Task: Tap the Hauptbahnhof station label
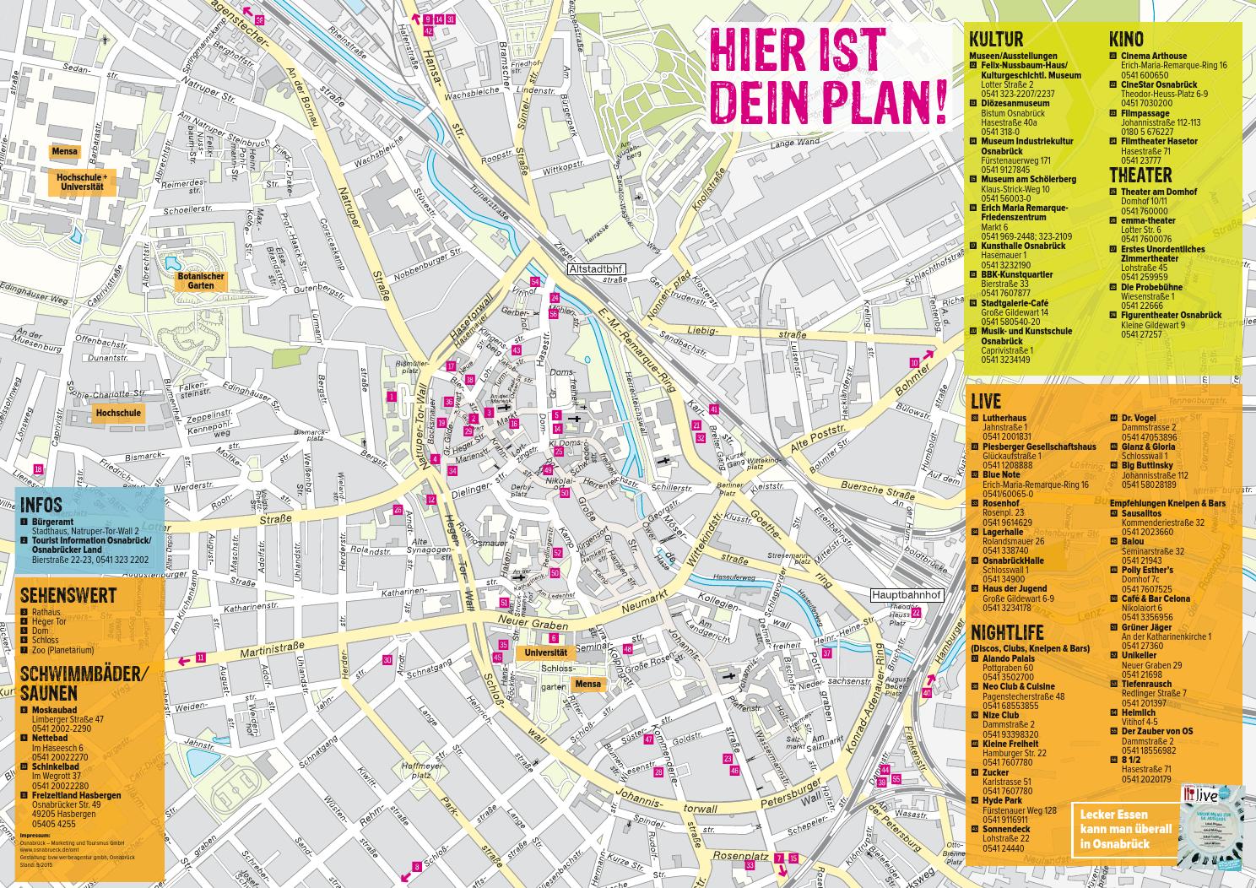(904, 594)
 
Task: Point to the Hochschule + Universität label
(81, 181)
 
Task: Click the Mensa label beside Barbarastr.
(64, 152)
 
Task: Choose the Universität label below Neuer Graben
(544, 652)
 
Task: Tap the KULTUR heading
(996, 39)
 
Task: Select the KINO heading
(1126, 39)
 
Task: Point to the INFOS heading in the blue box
(41, 505)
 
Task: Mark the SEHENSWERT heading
(68, 594)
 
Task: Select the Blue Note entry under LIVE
(1001, 474)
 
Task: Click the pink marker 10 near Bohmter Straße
(913, 362)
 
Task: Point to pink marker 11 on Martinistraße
(200, 658)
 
